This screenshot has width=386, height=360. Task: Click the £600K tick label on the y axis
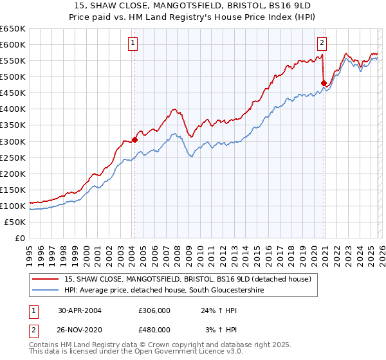(13, 44)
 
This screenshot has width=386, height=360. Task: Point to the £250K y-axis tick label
(13, 157)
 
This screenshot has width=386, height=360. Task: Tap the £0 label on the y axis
(19, 238)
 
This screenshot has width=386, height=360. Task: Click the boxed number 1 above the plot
(133, 43)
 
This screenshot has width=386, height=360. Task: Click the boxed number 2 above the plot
(322, 43)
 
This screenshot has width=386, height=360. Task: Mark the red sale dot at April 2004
(134, 139)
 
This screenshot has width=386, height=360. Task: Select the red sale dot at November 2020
(323, 82)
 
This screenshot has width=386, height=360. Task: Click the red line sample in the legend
(46, 279)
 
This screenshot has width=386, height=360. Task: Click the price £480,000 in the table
(154, 329)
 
